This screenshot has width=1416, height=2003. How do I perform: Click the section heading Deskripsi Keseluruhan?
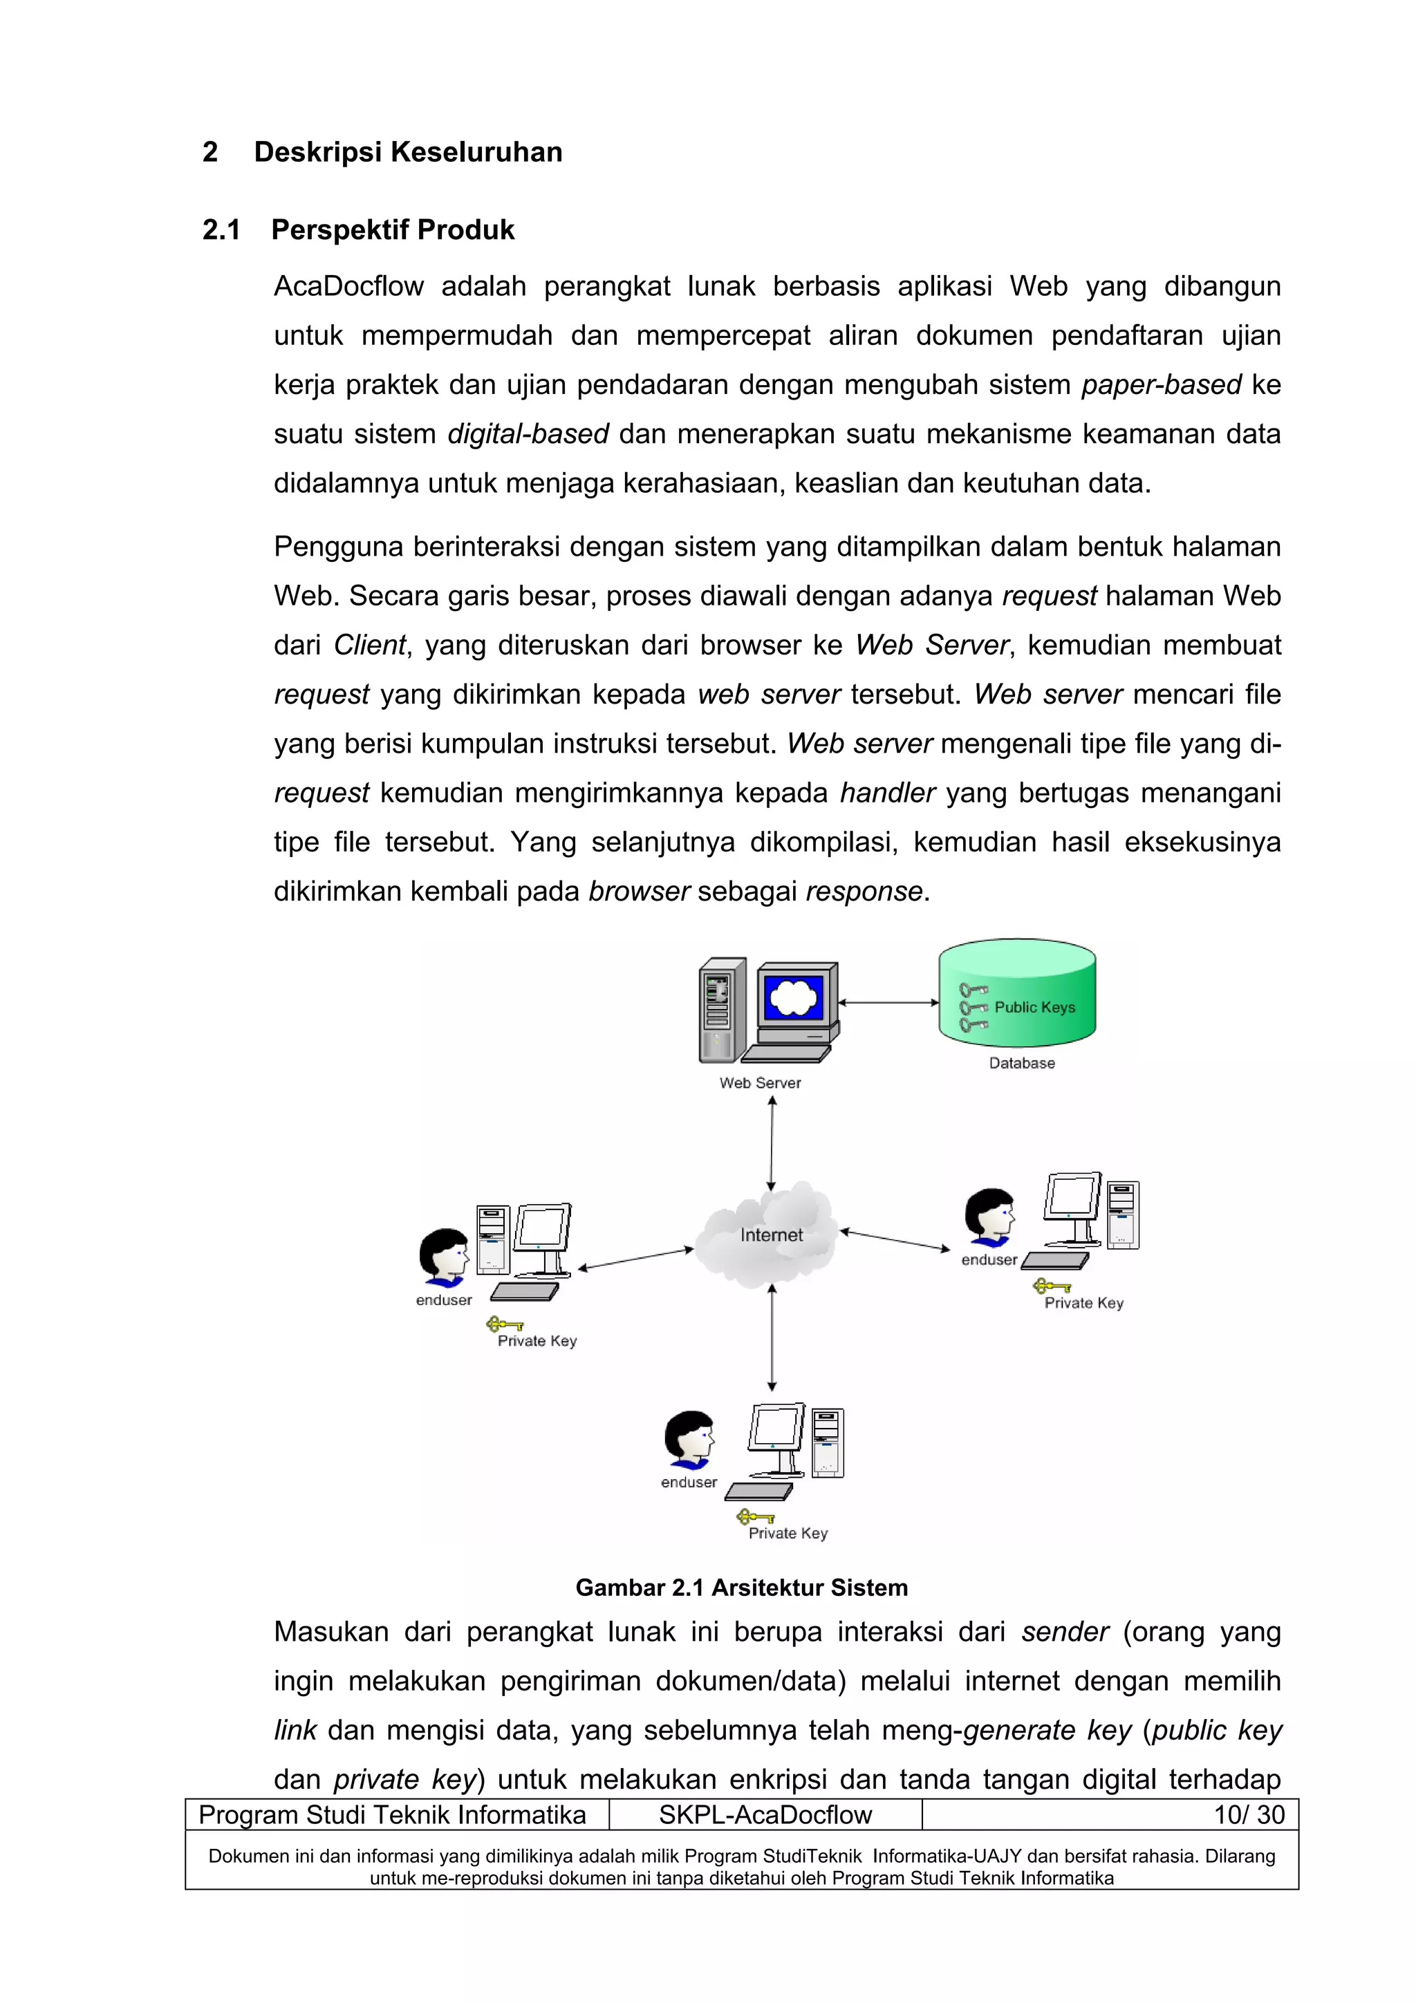[407, 152]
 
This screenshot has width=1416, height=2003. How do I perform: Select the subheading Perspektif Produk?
[392, 229]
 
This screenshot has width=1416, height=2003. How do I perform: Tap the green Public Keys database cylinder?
[1017, 995]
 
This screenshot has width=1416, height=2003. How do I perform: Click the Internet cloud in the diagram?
[770, 1234]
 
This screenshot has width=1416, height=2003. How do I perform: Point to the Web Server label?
[760, 1082]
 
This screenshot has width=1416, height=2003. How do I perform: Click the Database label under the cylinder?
[1022, 1062]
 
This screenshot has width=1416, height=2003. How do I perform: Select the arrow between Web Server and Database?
[888, 1002]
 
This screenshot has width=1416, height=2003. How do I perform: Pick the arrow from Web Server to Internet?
[771, 1142]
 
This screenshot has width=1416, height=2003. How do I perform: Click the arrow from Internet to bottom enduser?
[771, 1337]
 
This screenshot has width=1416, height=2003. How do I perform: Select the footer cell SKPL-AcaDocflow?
[765, 1814]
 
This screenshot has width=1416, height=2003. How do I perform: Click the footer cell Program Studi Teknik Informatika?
[393, 1814]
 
